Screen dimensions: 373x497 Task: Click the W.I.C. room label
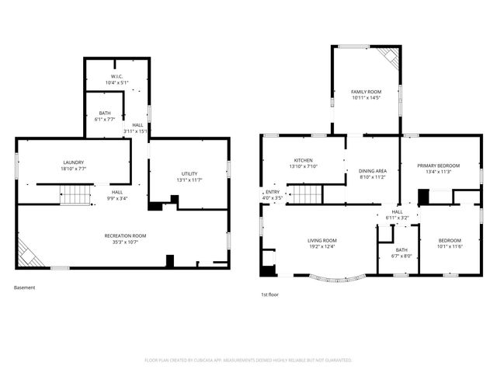pyautogui.click(x=116, y=76)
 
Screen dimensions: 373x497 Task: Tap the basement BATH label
pyautogui.click(x=104, y=113)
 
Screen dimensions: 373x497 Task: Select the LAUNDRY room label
pyautogui.click(x=73, y=162)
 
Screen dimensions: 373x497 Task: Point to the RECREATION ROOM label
pyautogui.click(x=125, y=235)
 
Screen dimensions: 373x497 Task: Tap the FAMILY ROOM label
pyautogui.click(x=366, y=92)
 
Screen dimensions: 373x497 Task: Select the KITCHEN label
pyautogui.click(x=302, y=160)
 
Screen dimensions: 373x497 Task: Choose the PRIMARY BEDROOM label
pyautogui.click(x=438, y=166)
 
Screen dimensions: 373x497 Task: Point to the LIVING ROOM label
pyautogui.click(x=321, y=240)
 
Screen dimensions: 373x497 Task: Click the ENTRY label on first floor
pyautogui.click(x=273, y=192)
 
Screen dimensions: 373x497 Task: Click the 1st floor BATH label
pyautogui.click(x=395, y=250)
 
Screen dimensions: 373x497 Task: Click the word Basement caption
pyautogui.click(x=24, y=288)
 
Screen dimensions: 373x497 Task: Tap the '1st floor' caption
pyautogui.click(x=270, y=295)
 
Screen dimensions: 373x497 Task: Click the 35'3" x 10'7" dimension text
pyautogui.click(x=125, y=242)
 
